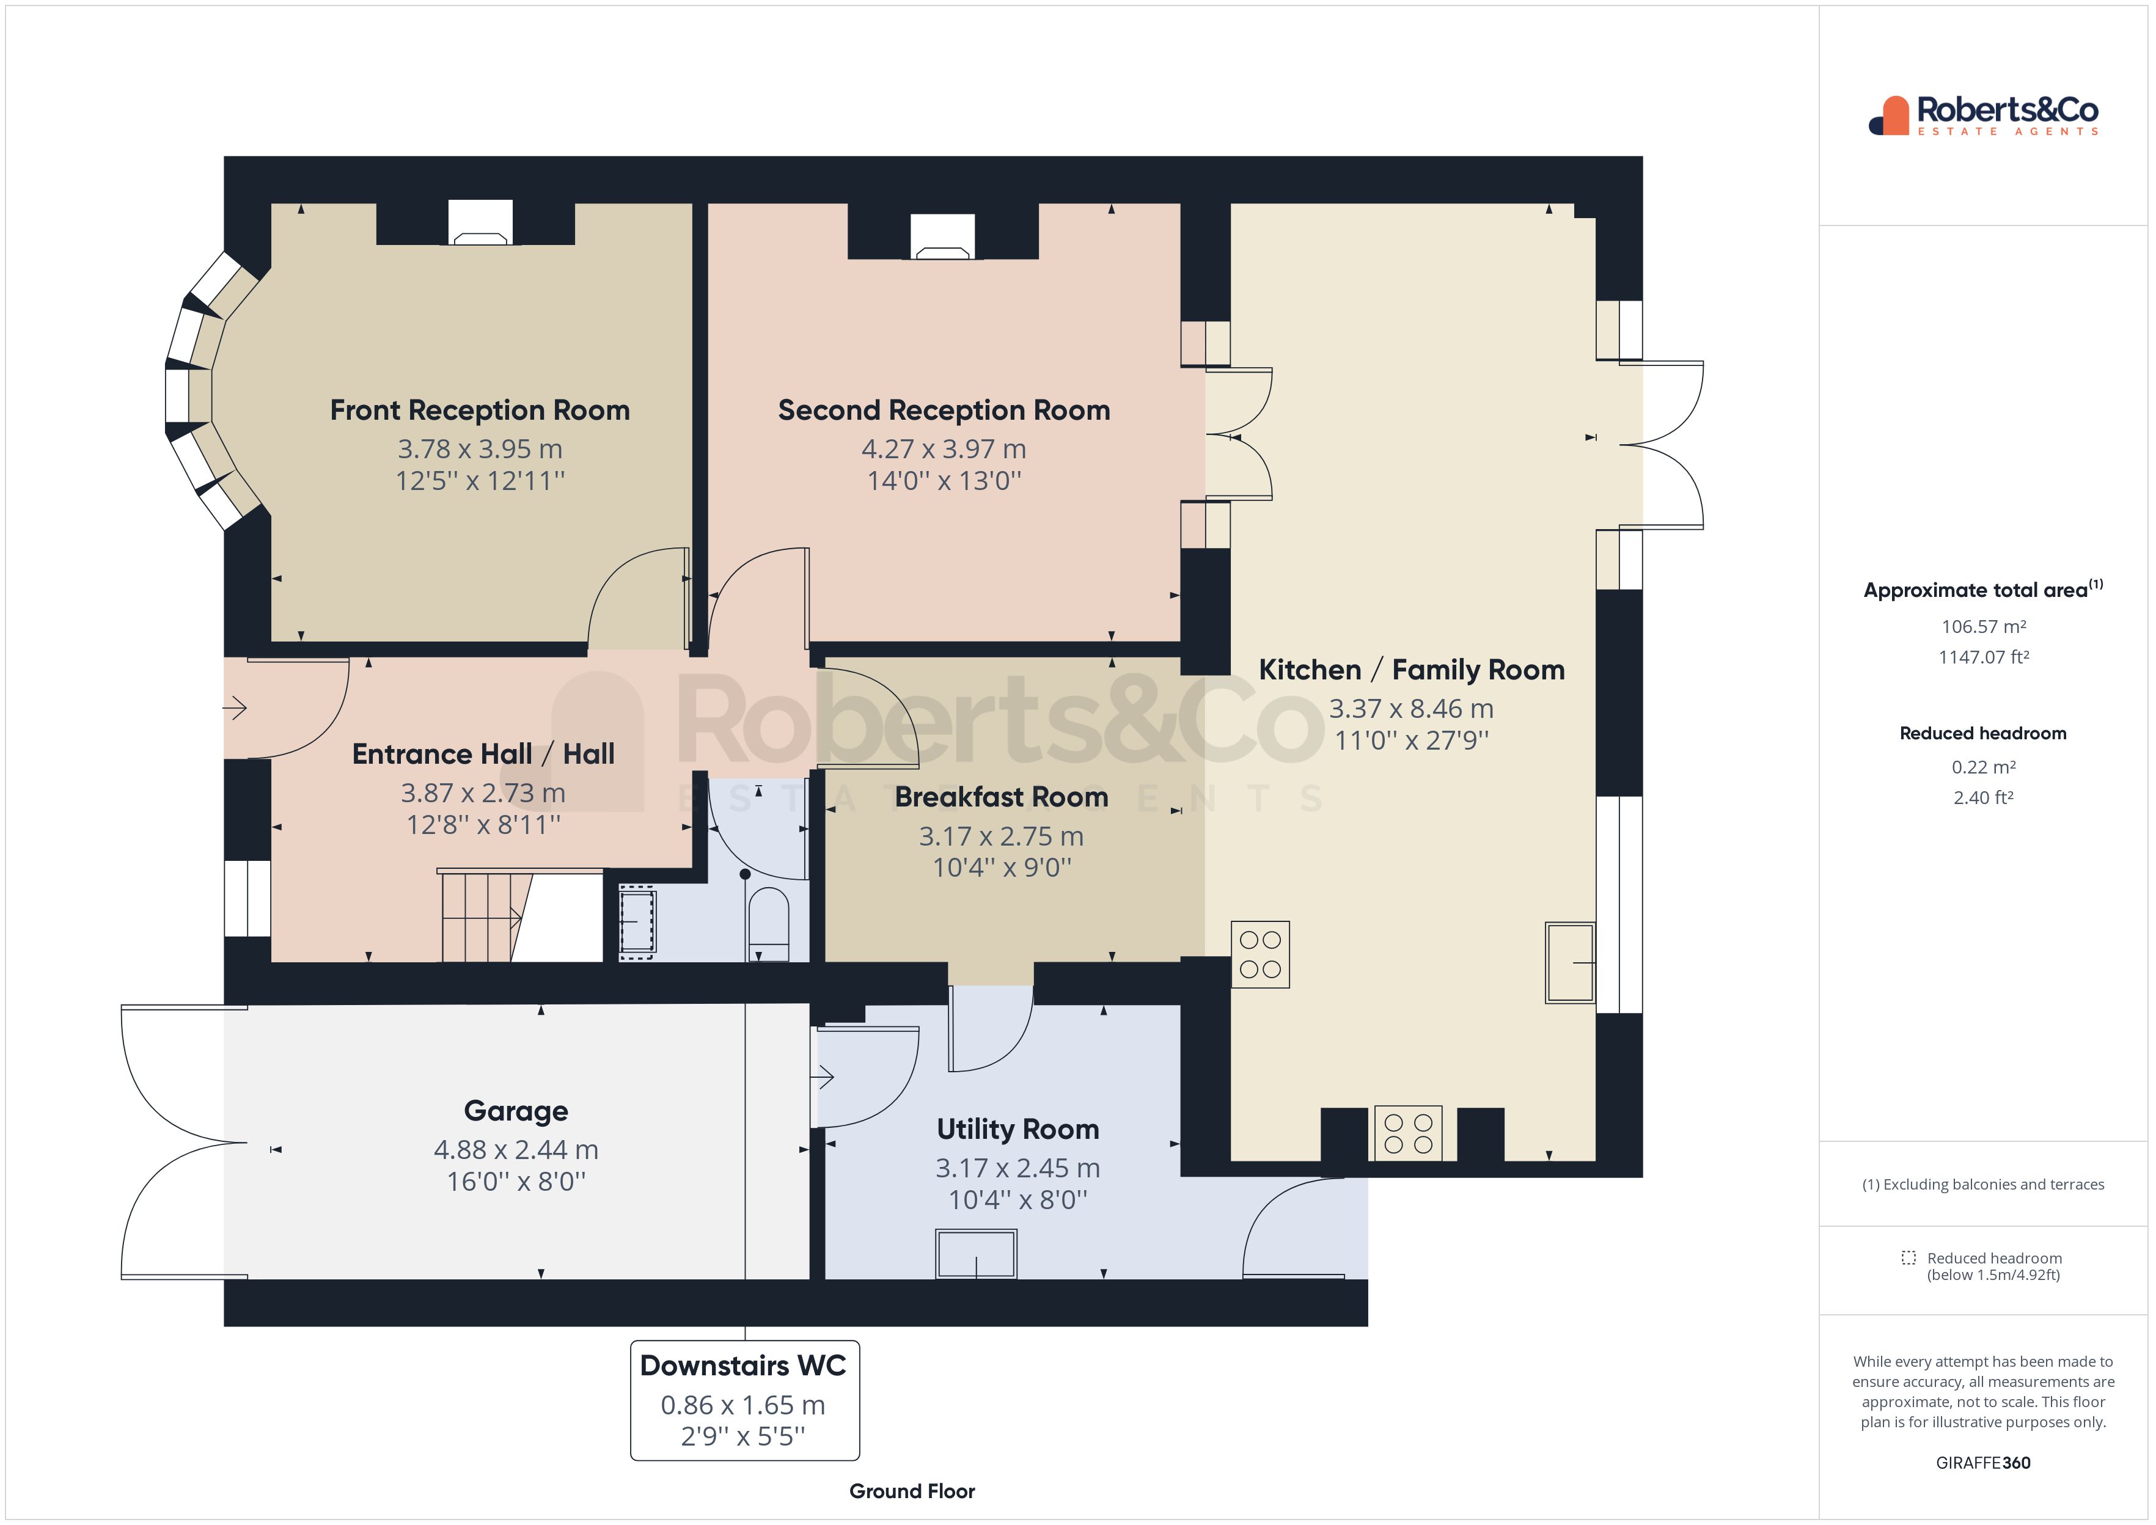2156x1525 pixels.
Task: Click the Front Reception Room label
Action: coord(479,411)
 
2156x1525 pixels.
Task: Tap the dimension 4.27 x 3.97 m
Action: coord(943,449)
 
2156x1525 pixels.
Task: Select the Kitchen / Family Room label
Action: coord(1410,670)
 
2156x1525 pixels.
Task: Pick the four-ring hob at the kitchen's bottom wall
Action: coord(1407,1133)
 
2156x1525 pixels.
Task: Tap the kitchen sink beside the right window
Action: coord(1569,962)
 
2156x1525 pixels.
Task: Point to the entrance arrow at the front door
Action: coord(235,707)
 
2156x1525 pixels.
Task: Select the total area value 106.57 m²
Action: coord(1982,626)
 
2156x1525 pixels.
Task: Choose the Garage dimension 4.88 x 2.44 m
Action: coord(516,1149)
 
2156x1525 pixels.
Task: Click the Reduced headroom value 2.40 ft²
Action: coord(1982,797)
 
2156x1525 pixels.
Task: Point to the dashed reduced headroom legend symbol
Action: coord(1908,1257)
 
